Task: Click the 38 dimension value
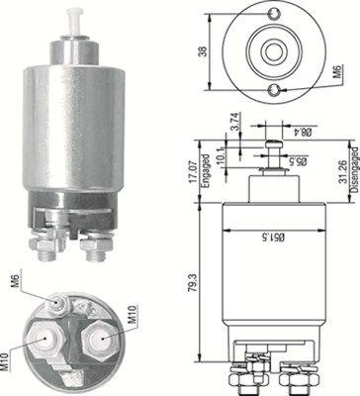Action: click(x=204, y=51)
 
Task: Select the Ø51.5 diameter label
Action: click(x=274, y=237)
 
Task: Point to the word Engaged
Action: click(x=206, y=171)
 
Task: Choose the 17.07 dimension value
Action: click(x=195, y=171)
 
